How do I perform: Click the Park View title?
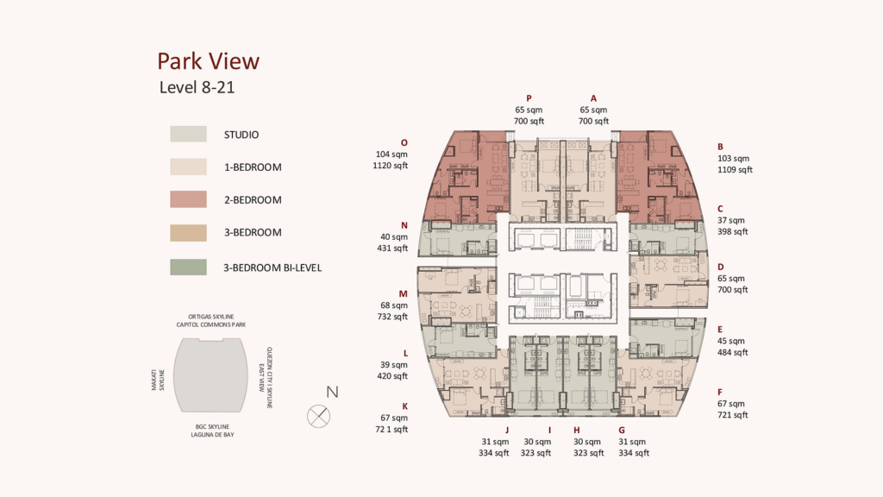tap(208, 61)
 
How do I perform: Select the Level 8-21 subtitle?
tap(197, 87)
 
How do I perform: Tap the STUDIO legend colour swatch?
tap(188, 134)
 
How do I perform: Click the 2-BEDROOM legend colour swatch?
tap(188, 199)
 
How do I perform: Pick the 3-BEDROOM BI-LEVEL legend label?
tap(272, 267)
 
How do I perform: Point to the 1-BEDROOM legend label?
tap(253, 167)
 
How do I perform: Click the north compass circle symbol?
tap(319, 417)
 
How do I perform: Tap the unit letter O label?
tap(404, 143)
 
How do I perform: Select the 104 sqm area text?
tap(391, 154)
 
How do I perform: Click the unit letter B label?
tap(720, 147)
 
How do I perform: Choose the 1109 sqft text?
tap(735, 170)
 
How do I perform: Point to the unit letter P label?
tap(529, 98)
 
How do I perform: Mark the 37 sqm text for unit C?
tap(731, 220)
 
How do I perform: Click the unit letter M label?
tap(404, 293)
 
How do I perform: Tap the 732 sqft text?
tap(392, 317)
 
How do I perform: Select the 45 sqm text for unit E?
tap(731, 341)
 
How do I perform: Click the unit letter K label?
tap(405, 406)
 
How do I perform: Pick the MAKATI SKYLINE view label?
tap(158, 380)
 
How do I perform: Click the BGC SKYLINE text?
tap(212, 427)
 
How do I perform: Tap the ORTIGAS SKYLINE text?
tap(211, 317)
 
